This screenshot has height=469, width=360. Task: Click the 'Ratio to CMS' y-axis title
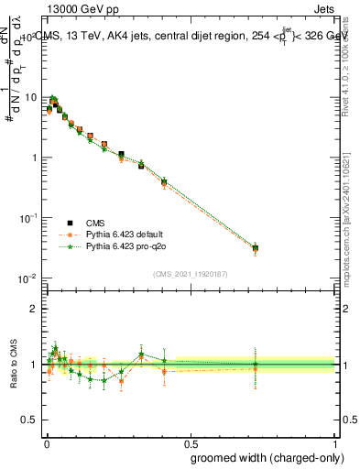pos(12,365)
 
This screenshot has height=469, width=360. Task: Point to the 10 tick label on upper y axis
pos(31,97)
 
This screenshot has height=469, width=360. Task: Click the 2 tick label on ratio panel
pos(36,309)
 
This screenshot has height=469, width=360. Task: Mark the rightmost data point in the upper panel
pos(256,247)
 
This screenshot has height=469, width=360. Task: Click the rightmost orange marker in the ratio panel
pos(256,368)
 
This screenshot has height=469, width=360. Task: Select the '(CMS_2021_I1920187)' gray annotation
pos(190,273)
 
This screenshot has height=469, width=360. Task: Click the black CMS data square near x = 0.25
pos(121,155)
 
